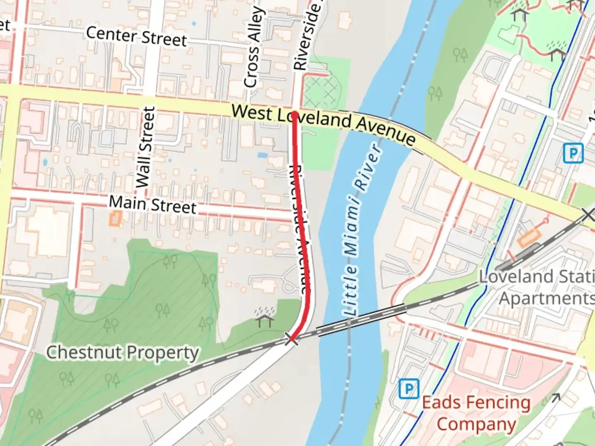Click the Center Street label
[x=136, y=36]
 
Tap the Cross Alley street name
[x=253, y=47]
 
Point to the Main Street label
[x=152, y=204]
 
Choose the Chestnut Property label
[x=122, y=353]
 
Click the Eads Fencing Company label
[x=476, y=413]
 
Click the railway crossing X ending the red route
[x=291, y=340]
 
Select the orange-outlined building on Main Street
[x=115, y=218]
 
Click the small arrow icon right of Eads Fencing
[x=555, y=398]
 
